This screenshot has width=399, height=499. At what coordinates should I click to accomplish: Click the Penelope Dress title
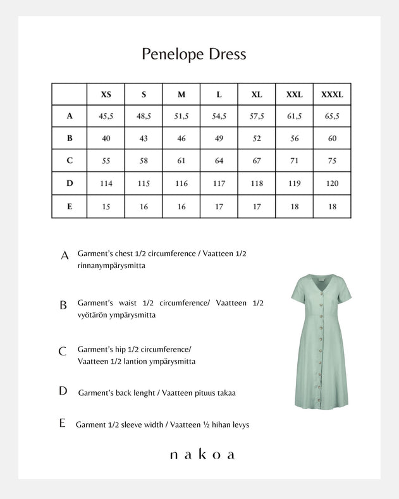[194, 54]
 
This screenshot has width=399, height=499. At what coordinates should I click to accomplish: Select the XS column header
[106, 95]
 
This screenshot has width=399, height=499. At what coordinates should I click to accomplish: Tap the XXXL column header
[332, 95]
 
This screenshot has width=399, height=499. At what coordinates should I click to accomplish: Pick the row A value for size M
[181, 116]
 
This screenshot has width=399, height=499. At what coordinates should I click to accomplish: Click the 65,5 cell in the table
[332, 116]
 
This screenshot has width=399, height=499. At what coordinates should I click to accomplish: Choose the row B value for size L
[219, 139]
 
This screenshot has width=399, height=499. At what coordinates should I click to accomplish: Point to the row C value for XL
[257, 161]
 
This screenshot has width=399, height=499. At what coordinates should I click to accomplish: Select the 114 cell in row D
[106, 183]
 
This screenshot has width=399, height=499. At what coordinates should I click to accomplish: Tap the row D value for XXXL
[332, 183]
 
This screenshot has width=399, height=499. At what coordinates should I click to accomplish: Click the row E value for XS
[106, 206]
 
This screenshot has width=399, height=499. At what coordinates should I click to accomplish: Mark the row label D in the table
[70, 183]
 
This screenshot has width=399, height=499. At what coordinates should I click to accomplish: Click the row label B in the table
[70, 139]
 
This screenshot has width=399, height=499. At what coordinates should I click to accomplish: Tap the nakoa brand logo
[202, 454]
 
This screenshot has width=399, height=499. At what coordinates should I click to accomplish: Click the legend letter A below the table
[64, 256]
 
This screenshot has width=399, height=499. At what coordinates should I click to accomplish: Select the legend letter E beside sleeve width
[62, 424]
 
